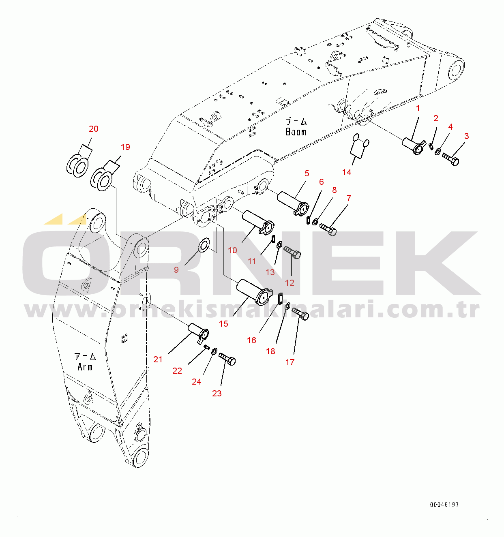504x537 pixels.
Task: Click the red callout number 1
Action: [418, 109]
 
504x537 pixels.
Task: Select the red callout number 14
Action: [347, 172]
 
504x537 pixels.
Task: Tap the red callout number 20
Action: [94, 129]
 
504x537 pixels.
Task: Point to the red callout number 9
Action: [176, 270]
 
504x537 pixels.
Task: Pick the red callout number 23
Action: [217, 394]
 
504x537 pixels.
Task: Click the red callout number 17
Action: [290, 362]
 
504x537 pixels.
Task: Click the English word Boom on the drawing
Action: [296, 132]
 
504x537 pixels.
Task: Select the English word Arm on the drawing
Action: [85, 367]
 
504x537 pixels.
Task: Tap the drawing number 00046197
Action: [444, 505]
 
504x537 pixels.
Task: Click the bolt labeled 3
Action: [450, 159]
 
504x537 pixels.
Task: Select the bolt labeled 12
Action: [292, 251]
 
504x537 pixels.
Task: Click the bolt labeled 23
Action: [227, 359]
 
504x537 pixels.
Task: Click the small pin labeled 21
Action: [199, 333]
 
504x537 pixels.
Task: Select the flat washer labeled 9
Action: [204, 244]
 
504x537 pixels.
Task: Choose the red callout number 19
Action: [125, 147]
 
